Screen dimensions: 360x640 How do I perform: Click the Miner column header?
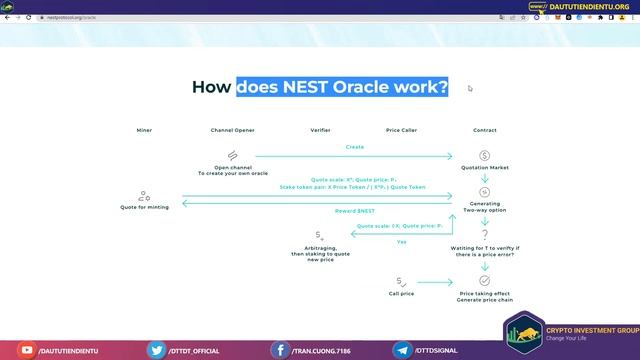(x=145, y=131)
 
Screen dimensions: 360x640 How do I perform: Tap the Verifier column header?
(x=320, y=131)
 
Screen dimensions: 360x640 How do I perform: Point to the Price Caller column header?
(x=402, y=131)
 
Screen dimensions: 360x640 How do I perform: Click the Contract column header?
(x=484, y=131)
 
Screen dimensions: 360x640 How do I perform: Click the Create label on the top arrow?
(x=355, y=147)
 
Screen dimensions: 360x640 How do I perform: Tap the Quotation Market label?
(x=484, y=169)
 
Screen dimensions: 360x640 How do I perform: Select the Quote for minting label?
(x=145, y=207)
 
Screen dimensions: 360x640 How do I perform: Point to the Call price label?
(x=402, y=293)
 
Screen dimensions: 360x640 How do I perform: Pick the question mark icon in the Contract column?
(x=484, y=234)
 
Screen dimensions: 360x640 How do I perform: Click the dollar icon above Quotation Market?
(x=484, y=155)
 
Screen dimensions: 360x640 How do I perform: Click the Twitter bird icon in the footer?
(x=156, y=350)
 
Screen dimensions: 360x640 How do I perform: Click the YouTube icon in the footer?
(x=25, y=350)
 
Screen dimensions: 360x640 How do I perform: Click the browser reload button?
(x=30, y=17)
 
